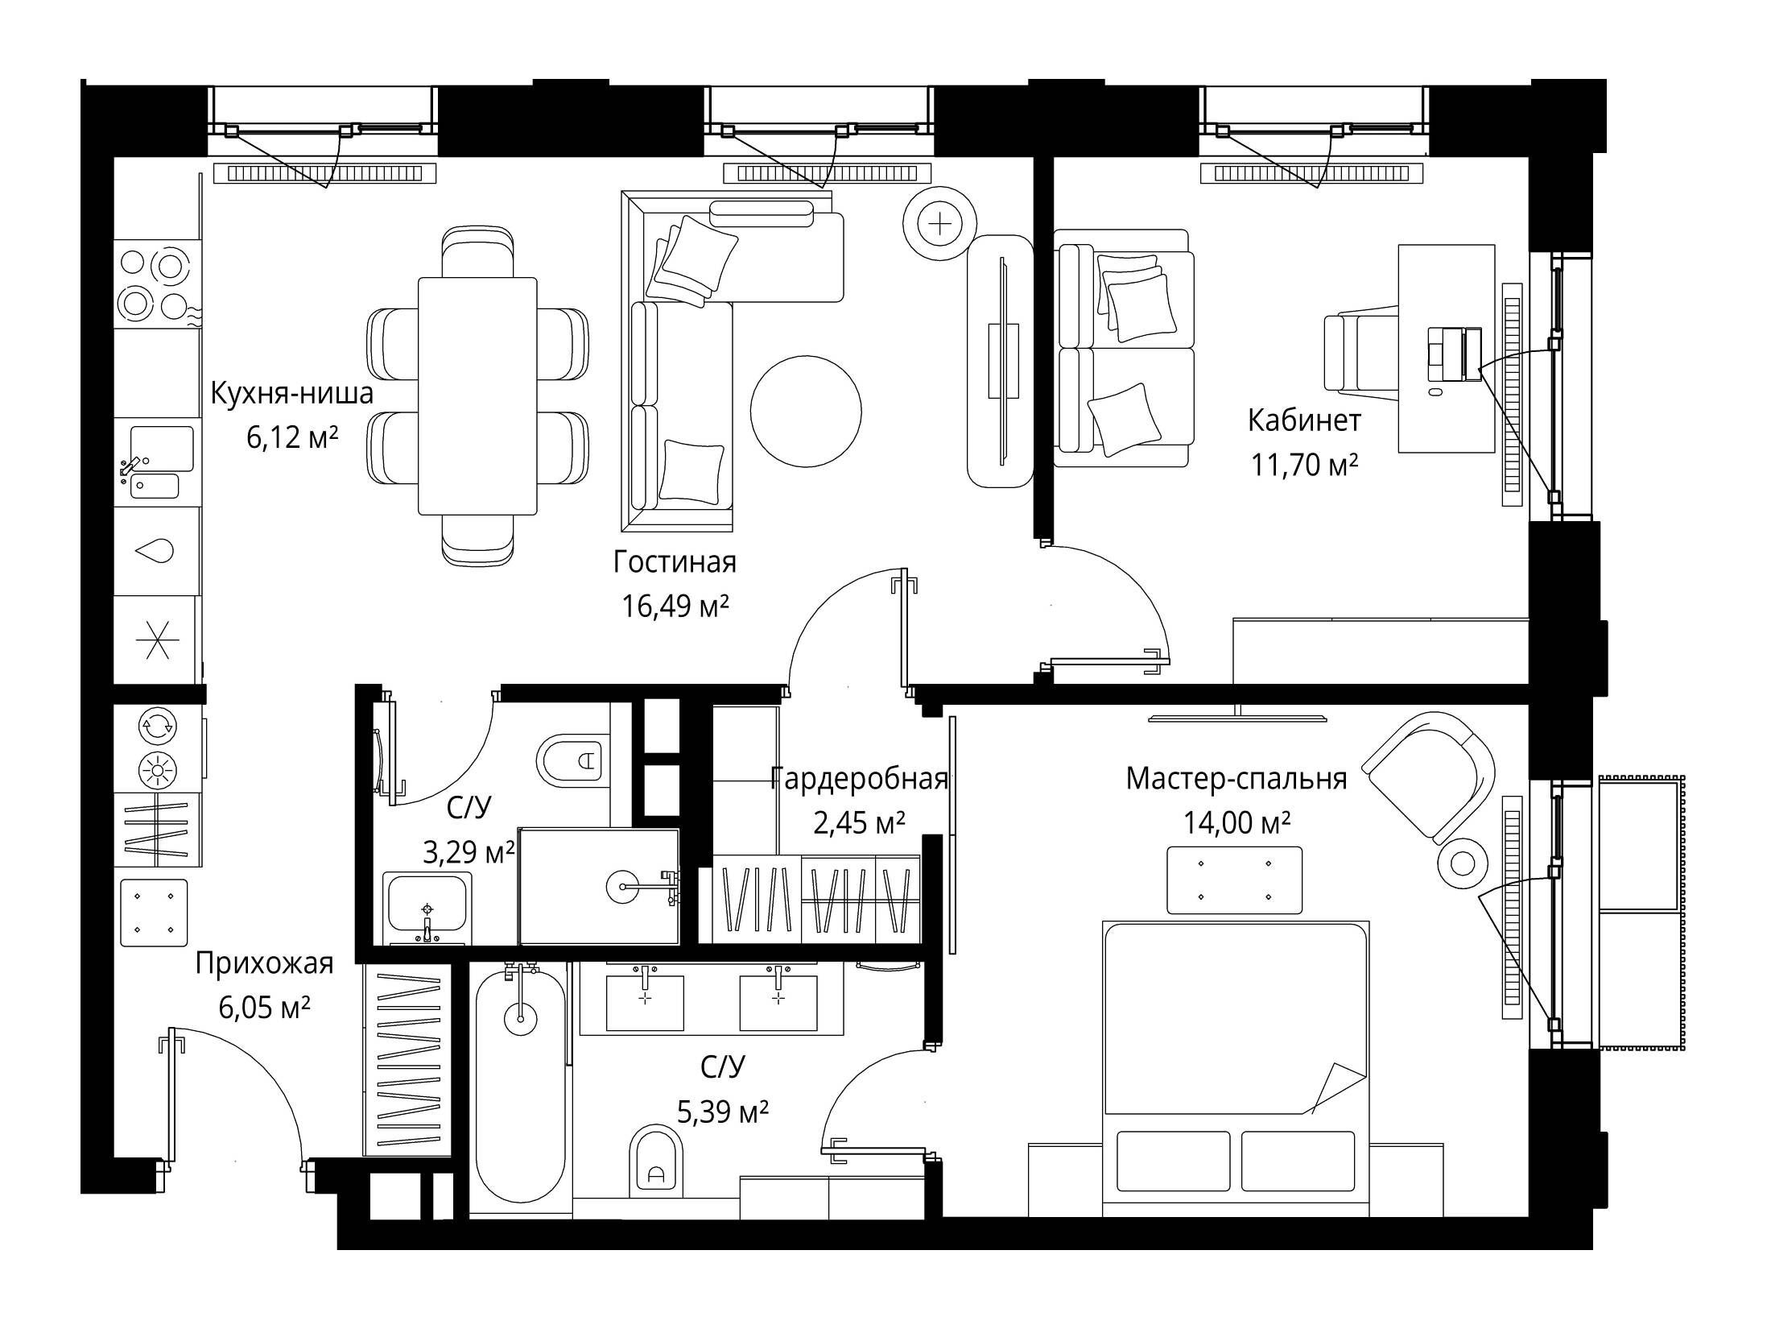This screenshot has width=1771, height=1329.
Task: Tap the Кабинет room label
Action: [1304, 420]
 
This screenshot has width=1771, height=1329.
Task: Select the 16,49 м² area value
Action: [675, 606]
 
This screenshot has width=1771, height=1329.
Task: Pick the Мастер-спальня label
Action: [1236, 779]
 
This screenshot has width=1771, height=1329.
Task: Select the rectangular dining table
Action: [477, 395]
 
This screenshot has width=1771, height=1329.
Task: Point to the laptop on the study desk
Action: [1455, 354]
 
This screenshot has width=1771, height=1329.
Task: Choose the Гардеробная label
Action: [859, 779]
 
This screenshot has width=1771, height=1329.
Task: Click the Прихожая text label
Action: [264, 963]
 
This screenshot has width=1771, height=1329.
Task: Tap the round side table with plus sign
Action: [939, 223]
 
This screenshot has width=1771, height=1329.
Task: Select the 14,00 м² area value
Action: [1236, 822]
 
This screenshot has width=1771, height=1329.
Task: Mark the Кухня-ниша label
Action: [292, 393]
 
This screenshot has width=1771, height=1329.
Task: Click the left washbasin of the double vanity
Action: [645, 1002]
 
